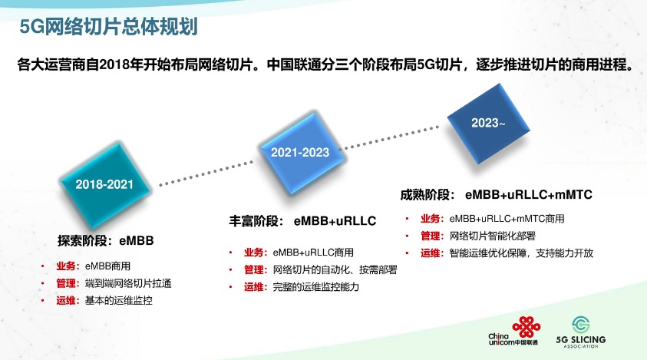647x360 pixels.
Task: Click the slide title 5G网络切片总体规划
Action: pyautogui.click(x=108, y=27)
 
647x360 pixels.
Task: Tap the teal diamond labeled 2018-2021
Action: pyautogui.click(x=105, y=184)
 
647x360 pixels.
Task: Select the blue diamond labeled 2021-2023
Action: pyautogui.click(x=300, y=152)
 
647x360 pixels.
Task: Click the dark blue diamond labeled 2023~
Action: pyautogui.click(x=488, y=123)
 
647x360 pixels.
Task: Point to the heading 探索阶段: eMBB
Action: pyautogui.click(x=106, y=240)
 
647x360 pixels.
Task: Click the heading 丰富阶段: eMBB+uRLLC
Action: pyautogui.click(x=302, y=221)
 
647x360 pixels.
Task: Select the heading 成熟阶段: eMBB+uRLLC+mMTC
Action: pyautogui.click(x=496, y=194)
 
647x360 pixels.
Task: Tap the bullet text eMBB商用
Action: pyautogui.click(x=107, y=266)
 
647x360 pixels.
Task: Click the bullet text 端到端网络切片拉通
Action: pyautogui.click(x=128, y=283)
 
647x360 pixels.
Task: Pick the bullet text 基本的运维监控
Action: pyautogui.click(x=118, y=301)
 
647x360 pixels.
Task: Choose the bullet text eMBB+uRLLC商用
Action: pyautogui.click(x=313, y=253)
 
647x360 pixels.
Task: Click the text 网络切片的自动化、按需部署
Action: pyautogui.click(x=335, y=269)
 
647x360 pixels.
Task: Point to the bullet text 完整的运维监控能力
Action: pyautogui.click(x=315, y=287)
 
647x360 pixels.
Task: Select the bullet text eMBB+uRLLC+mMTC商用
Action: pyautogui.click(x=507, y=219)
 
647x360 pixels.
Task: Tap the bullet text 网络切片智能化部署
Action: pyautogui.click(x=492, y=236)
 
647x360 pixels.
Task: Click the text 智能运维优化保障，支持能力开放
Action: pyautogui.click(x=521, y=253)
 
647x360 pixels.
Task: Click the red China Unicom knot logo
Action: pyautogui.click(x=526, y=327)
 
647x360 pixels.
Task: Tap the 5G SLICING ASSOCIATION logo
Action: pyautogui.click(x=581, y=333)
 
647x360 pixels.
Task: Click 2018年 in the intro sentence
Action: pyautogui.click(x=121, y=64)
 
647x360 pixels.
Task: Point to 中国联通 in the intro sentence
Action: pyautogui.click(x=294, y=64)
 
